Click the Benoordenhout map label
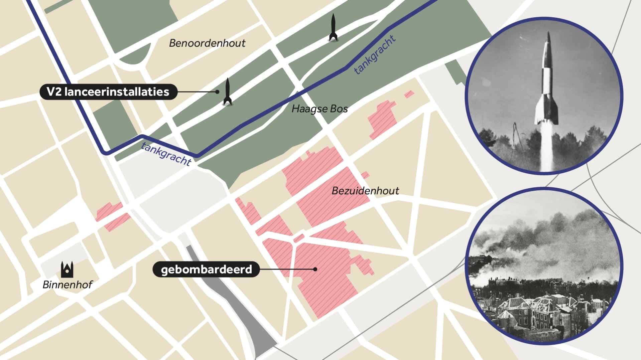click(x=207, y=43)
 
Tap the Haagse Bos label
click(x=319, y=109)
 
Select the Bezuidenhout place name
click(x=365, y=191)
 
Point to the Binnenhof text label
click(x=67, y=285)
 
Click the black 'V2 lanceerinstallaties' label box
click(x=108, y=92)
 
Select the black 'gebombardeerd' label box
click(x=206, y=269)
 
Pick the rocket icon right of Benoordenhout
click(x=333, y=27)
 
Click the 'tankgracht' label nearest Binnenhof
click(x=166, y=154)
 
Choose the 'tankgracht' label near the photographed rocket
click(x=375, y=54)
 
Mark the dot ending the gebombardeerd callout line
click(x=315, y=269)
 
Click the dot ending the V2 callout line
click(x=217, y=92)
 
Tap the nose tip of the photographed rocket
click(x=548, y=33)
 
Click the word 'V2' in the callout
click(x=54, y=92)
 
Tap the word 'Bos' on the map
click(x=340, y=109)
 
